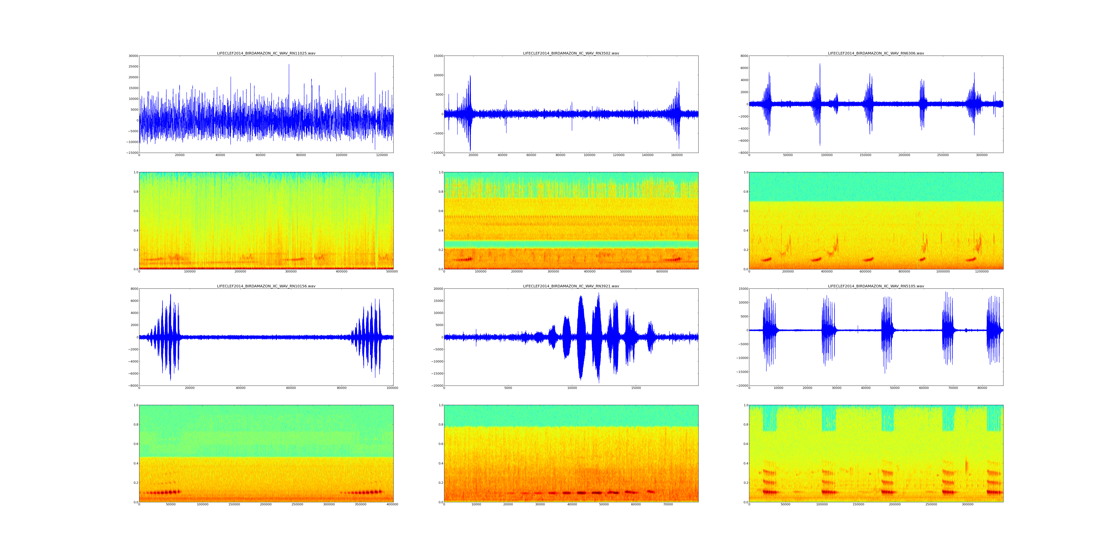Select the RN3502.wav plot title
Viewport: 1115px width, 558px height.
coord(571,53)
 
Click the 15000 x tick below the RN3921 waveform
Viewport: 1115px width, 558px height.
coord(636,388)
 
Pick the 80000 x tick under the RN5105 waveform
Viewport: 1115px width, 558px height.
coord(982,388)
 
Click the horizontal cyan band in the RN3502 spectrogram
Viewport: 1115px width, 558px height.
coord(571,244)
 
